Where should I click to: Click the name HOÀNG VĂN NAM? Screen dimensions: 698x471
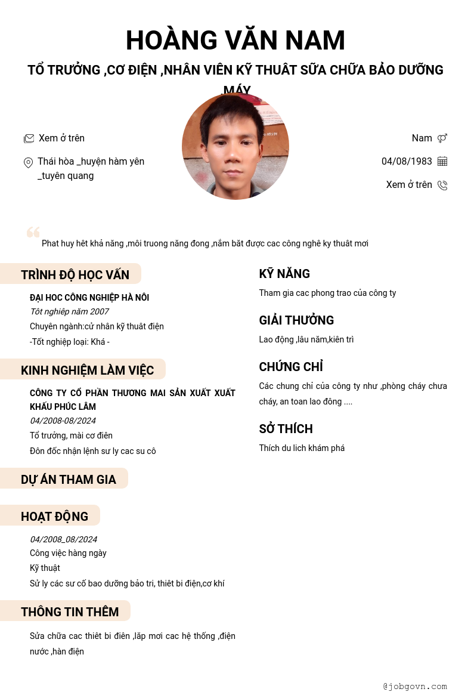tap(235, 41)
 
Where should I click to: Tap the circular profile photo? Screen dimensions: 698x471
tap(235, 146)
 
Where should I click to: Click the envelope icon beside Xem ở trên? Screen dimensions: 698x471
tap(29, 138)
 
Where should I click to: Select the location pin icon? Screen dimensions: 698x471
tap(28, 162)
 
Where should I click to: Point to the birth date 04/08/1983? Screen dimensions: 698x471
tap(407, 161)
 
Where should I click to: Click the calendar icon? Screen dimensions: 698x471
tap(442, 161)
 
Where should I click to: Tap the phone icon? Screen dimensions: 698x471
tap(442, 185)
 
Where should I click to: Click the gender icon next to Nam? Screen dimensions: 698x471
tap(442, 138)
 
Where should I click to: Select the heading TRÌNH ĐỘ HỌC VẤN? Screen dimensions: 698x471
tap(75, 274)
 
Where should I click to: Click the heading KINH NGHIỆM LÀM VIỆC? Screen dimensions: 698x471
tap(87, 370)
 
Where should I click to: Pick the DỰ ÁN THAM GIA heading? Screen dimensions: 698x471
tap(69, 479)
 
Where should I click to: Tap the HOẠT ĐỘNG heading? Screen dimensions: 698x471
tap(54, 516)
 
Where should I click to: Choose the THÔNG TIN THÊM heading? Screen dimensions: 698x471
tap(70, 611)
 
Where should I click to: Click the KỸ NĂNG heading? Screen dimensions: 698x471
tap(284, 274)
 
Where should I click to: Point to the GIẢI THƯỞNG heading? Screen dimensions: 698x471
tap(296, 320)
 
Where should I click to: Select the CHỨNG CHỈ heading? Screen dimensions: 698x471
tap(291, 367)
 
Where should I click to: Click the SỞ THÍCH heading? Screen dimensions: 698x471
tap(286, 429)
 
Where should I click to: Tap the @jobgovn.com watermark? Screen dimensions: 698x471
tap(415, 686)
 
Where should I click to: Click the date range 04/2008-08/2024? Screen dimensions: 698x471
tap(63, 421)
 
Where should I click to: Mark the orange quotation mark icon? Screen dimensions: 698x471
tap(33, 232)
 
